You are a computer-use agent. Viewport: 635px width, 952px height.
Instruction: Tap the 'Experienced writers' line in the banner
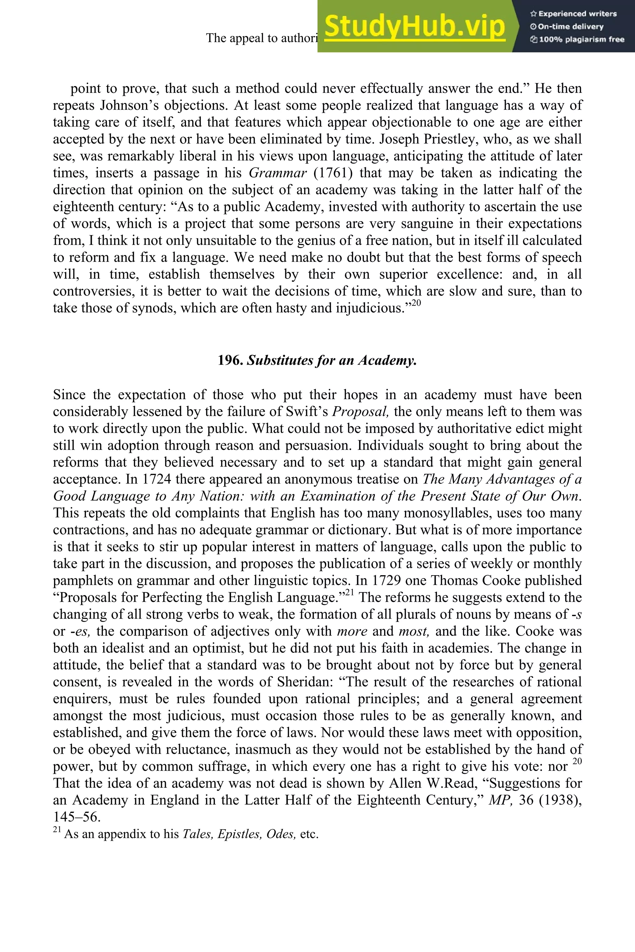coord(573,14)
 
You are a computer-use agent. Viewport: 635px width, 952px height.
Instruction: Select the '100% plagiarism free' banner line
coord(577,40)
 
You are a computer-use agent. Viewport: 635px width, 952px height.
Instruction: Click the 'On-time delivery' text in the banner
coord(567,27)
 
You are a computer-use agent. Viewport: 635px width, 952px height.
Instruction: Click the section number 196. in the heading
coord(230,360)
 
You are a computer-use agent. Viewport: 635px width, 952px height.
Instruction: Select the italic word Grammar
coord(278,173)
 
